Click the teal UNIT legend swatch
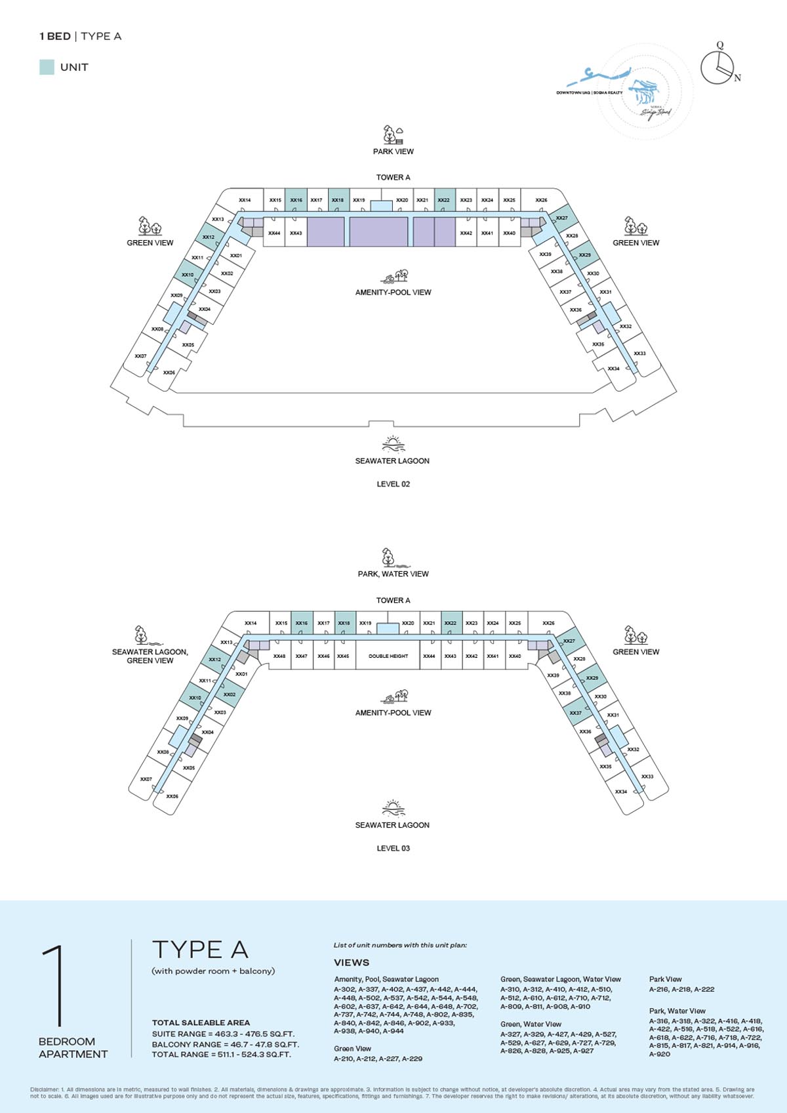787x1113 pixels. (x=47, y=67)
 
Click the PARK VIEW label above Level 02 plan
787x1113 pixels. (x=393, y=152)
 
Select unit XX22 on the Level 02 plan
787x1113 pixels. (x=444, y=200)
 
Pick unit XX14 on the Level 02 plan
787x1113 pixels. (x=245, y=200)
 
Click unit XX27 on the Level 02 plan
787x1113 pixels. (x=562, y=218)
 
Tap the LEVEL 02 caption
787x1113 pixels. (x=393, y=484)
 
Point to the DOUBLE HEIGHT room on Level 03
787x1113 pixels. (x=388, y=656)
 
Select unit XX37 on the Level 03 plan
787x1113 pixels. (x=575, y=713)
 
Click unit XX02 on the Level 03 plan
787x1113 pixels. (x=229, y=695)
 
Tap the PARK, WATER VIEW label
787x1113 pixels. (x=393, y=574)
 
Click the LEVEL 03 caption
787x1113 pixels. (x=393, y=848)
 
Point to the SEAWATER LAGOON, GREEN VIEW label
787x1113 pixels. (x=150, y=656)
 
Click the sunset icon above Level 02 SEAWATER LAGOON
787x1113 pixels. (x=392, y=444)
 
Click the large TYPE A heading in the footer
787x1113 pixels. (x=200, y=949)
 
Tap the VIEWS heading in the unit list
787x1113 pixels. (x=352, y=963)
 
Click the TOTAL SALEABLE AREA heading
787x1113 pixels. (x=201, y=1022)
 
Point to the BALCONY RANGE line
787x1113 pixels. (x=225, y=1044)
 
